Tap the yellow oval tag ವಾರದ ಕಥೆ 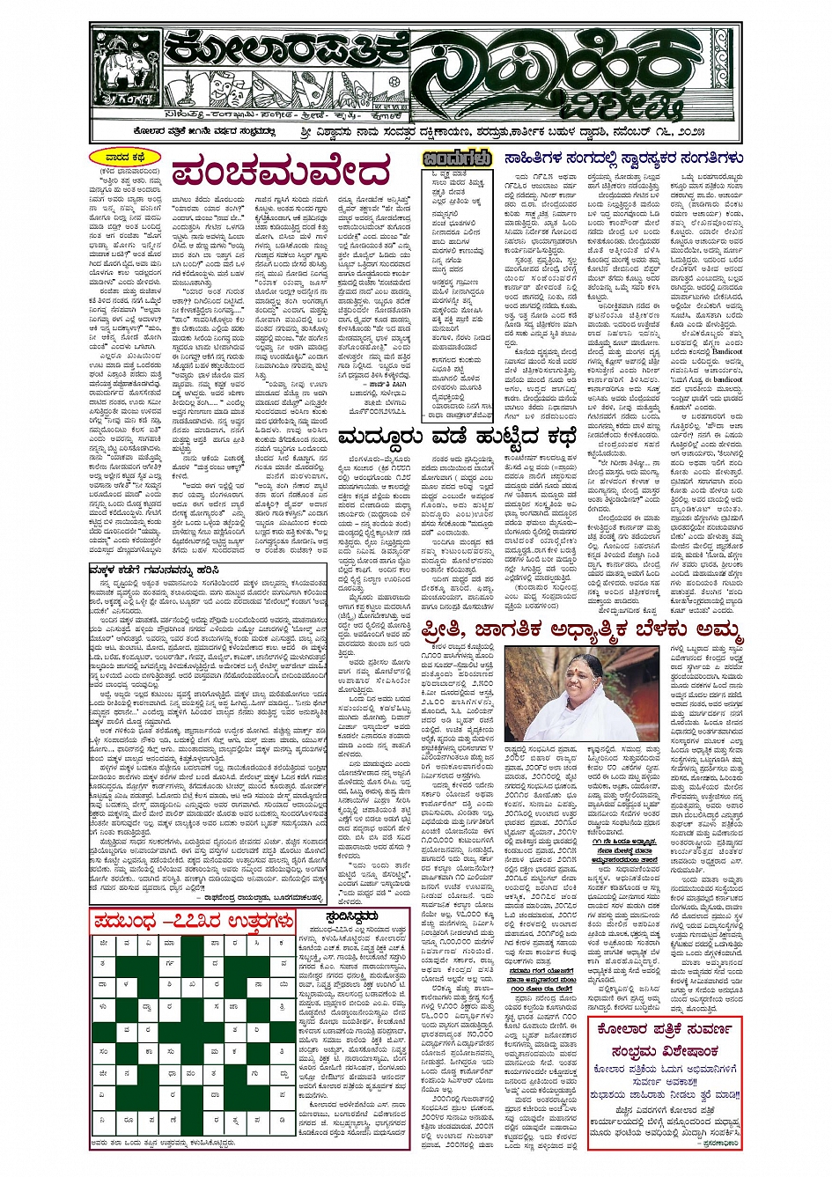(124, 158)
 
